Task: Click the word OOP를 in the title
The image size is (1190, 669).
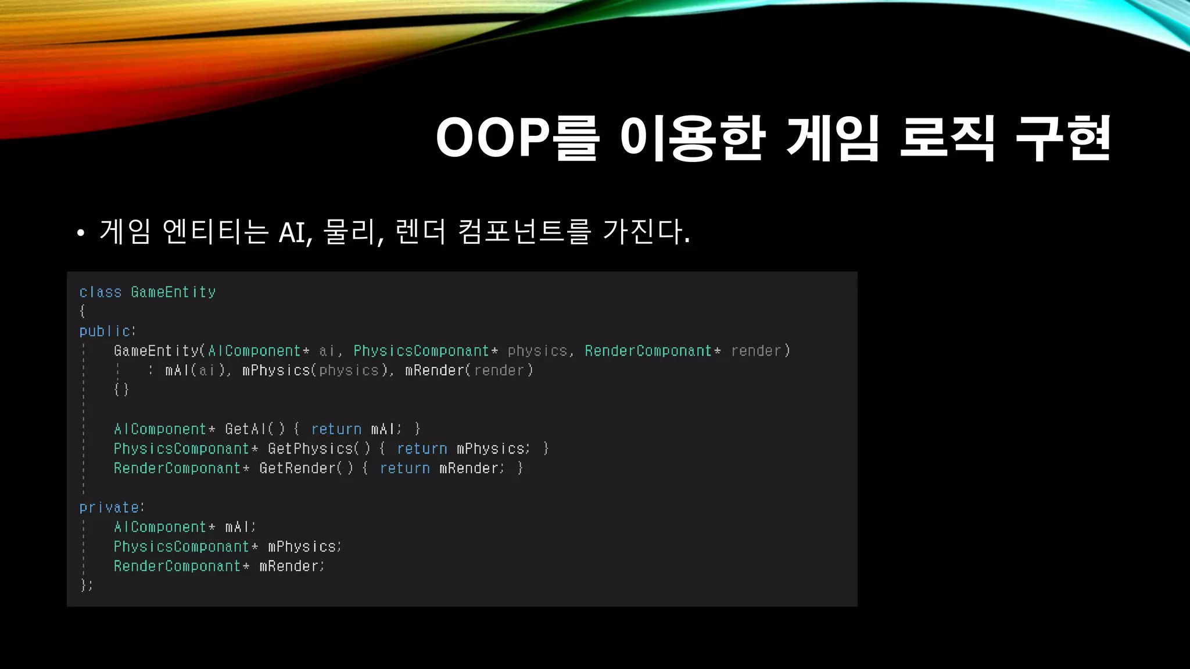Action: (x=517, y=138)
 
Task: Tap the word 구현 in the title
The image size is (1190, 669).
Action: (x=1063, y=138)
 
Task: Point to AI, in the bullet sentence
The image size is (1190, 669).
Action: (x=296, y=232)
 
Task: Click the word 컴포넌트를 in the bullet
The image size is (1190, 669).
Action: (x=524, y=231)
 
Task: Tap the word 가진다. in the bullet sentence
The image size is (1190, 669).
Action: (x=646, y=231)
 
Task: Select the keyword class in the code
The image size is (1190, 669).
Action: (x=101, y=292)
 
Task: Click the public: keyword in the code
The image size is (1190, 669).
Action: (x=107, y=331)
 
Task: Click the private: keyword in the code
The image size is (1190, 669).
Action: (x=112, y=508)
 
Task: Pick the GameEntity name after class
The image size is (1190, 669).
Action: (x=173, y=292)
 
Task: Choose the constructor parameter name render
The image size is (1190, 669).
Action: (x=756, y=351)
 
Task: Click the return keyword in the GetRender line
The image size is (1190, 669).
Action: (x=405, y=468)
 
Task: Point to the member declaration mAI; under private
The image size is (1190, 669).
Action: (x=240, y=527)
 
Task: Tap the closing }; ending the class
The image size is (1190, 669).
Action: (x=87, y=585)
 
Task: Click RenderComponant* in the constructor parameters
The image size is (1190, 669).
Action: (x=653, y=351)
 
